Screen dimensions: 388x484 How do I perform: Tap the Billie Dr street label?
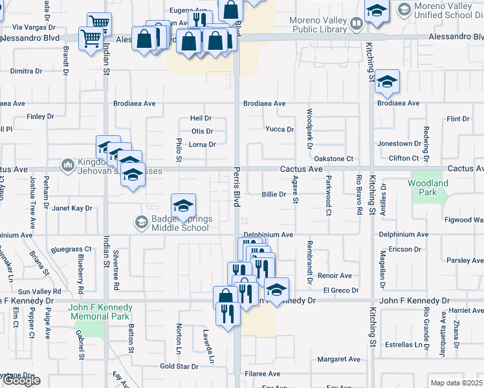[274, 194]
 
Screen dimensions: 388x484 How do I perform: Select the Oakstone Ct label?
[333, 158]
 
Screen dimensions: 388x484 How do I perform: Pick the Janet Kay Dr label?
[72, 208]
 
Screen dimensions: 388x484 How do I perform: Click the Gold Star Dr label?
[179, 366]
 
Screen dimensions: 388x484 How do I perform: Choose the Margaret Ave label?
[338, 359]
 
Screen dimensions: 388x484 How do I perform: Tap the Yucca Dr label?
[280, 129]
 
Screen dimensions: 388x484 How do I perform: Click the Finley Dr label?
[40, 116]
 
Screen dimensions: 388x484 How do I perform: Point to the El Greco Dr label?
[341, 290]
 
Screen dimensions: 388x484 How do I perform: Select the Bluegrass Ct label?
[71, 249]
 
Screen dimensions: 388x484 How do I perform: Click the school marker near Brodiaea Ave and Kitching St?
[387, 81]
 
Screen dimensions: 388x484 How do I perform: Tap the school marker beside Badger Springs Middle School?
[184, 205]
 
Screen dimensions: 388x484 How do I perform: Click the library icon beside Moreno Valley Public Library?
[355, 25]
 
